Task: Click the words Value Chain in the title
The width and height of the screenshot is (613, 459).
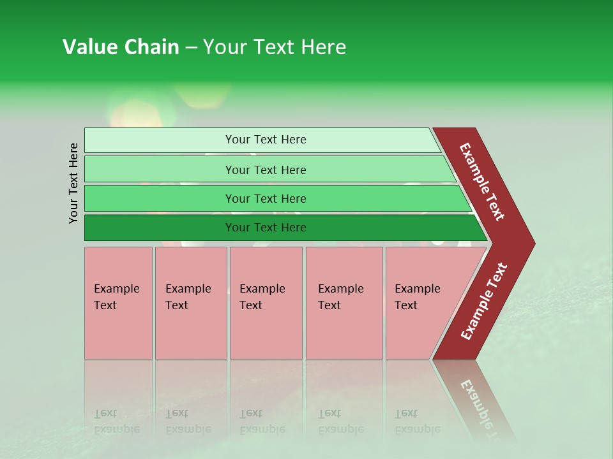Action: pyautogui.click(x=121, y=47)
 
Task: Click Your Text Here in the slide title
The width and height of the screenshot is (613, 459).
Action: pyautogui.click(x=275, y=47)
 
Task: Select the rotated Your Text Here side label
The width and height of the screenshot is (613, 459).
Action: pyautogui.click(x=74, y=183)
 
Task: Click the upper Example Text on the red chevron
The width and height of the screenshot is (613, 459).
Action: pyautogui.click(x=482, y=182)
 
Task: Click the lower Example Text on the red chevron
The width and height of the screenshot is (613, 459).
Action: pyautogui.click(x=483, y=302)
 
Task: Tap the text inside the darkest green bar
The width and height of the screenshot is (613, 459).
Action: pyautogui.click(x=266, y=228)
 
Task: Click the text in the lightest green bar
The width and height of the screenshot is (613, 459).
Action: pyautogui.click(x=266, y=140)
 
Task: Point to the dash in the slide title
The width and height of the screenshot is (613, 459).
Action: pyautogui.click(x=191, y=48)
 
